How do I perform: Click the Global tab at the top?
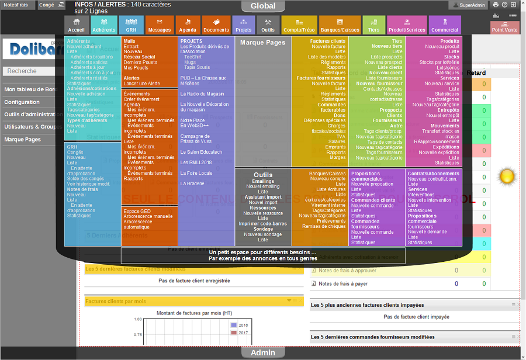click(x=263, y=6)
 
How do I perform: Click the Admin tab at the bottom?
click(x=263, y=353)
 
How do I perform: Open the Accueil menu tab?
click(x=76, y=25)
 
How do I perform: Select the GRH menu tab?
click(x=131, y=25)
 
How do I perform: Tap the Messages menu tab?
click(x=160, y=25)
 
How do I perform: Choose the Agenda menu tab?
click(x=188, y=25)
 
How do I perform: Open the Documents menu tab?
click(x=216, y=25)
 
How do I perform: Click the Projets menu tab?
click(x=243, y=25)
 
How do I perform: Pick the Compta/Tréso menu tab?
click(x=299, y=25)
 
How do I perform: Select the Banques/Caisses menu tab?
click(x=340, y=25)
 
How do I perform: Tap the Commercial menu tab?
click(x=445, y=25)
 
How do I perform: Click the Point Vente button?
click(x=504, y=27)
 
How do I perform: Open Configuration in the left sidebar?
click(x=22, y=102)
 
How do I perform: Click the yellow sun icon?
click(x=506, y=175)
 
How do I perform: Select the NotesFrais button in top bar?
click(x=16, y=5)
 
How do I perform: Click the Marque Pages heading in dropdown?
click(x=263, y=43)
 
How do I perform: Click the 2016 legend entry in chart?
click(x=240, y=325)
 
